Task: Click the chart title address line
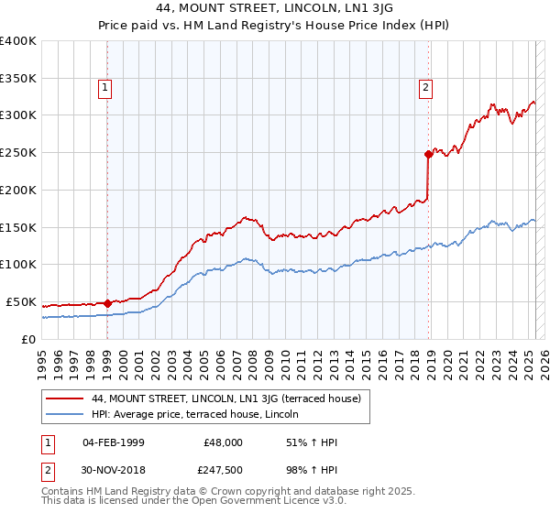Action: coord(274,10)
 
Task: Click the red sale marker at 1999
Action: coord(107,302)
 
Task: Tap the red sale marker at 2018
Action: coord(428,154)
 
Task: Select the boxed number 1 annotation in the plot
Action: coord(106,88)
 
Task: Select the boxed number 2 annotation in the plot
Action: coord(426,88)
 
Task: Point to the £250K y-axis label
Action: coord(18,153)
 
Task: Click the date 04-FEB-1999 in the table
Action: coord(113,442)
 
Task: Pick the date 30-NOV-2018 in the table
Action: coord(113,470)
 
